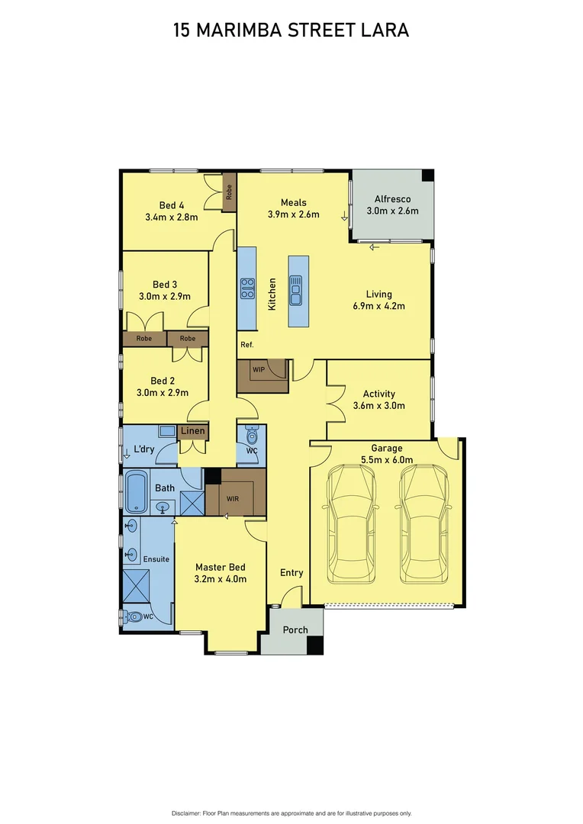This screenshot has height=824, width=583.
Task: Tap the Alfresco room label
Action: coord(392,199)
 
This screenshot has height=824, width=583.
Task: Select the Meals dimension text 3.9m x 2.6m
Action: coord(293,214)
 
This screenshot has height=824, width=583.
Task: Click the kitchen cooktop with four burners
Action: coord(247,288)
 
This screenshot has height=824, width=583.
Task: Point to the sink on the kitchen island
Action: coord(298,290)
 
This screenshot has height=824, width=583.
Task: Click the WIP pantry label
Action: coord(258,369)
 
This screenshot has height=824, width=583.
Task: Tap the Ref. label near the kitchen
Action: coord(246,345)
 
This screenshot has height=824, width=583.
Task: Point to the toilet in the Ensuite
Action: coord(135,616)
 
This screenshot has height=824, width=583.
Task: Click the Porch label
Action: coord(295,629)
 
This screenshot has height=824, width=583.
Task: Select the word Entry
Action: coord(291,573)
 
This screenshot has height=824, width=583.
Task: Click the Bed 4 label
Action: coord(172,204)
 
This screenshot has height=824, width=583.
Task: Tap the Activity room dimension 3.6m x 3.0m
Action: coord(378,406)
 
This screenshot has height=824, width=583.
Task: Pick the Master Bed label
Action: coord(220,567)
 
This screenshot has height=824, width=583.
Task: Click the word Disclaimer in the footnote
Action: coord(185,813)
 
